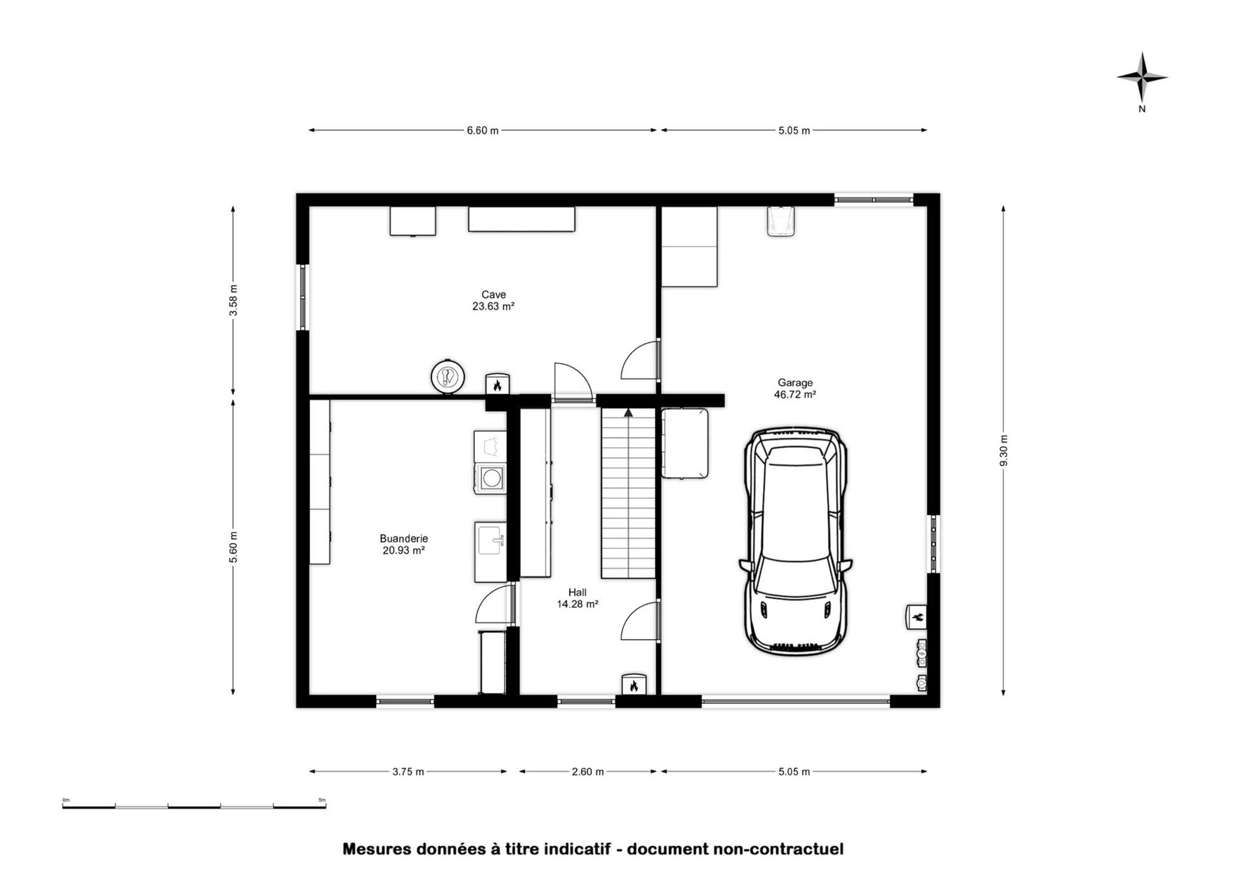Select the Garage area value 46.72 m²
click(x=795, y=394)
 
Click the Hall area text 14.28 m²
click(x=578, y=604)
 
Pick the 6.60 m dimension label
click(x=482, y=130)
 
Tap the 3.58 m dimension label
click(x=233, y=301)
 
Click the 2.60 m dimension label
click(x=587, y=772)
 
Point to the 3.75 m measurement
click(x=408, y=772)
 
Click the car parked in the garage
click(x=795, y=540)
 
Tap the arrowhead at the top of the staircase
click(x=628, y=412)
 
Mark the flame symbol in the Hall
click(x=633, y=685)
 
